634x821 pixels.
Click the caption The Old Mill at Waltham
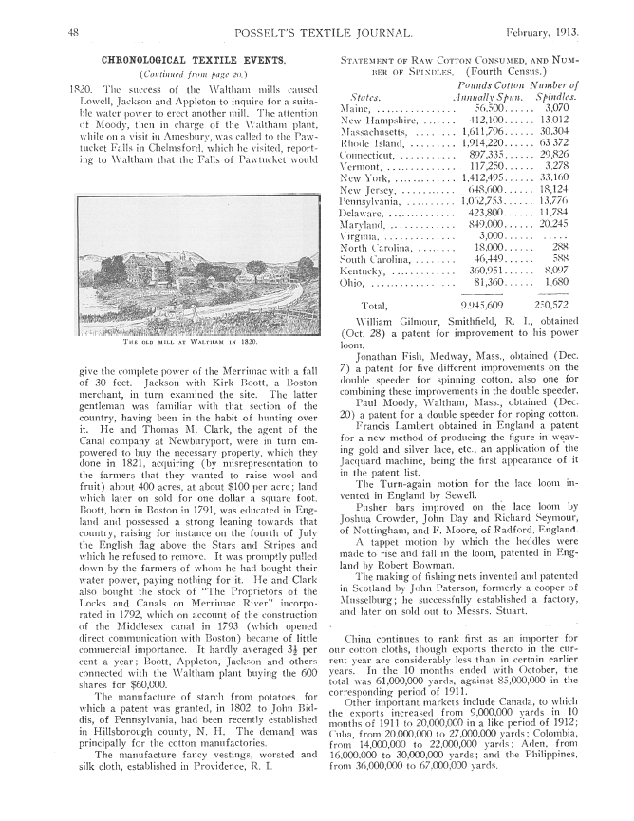(177, 340)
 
